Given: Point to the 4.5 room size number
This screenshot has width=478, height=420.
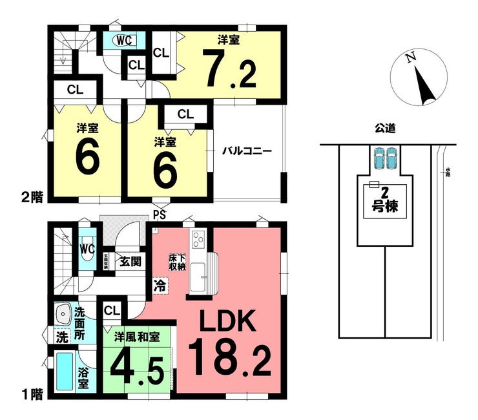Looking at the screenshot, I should coord(137,367).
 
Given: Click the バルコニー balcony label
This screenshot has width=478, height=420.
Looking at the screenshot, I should coord(247,151).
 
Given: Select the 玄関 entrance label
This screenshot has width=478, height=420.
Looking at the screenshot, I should coord(131,262).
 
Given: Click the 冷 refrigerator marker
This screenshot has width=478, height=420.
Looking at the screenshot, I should coord(160,284).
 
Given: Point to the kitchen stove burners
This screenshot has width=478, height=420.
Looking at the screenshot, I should coord(198,240).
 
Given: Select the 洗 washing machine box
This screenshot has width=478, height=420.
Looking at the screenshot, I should coord(61,337).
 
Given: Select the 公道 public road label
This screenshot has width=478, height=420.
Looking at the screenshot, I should coord(384,128).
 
